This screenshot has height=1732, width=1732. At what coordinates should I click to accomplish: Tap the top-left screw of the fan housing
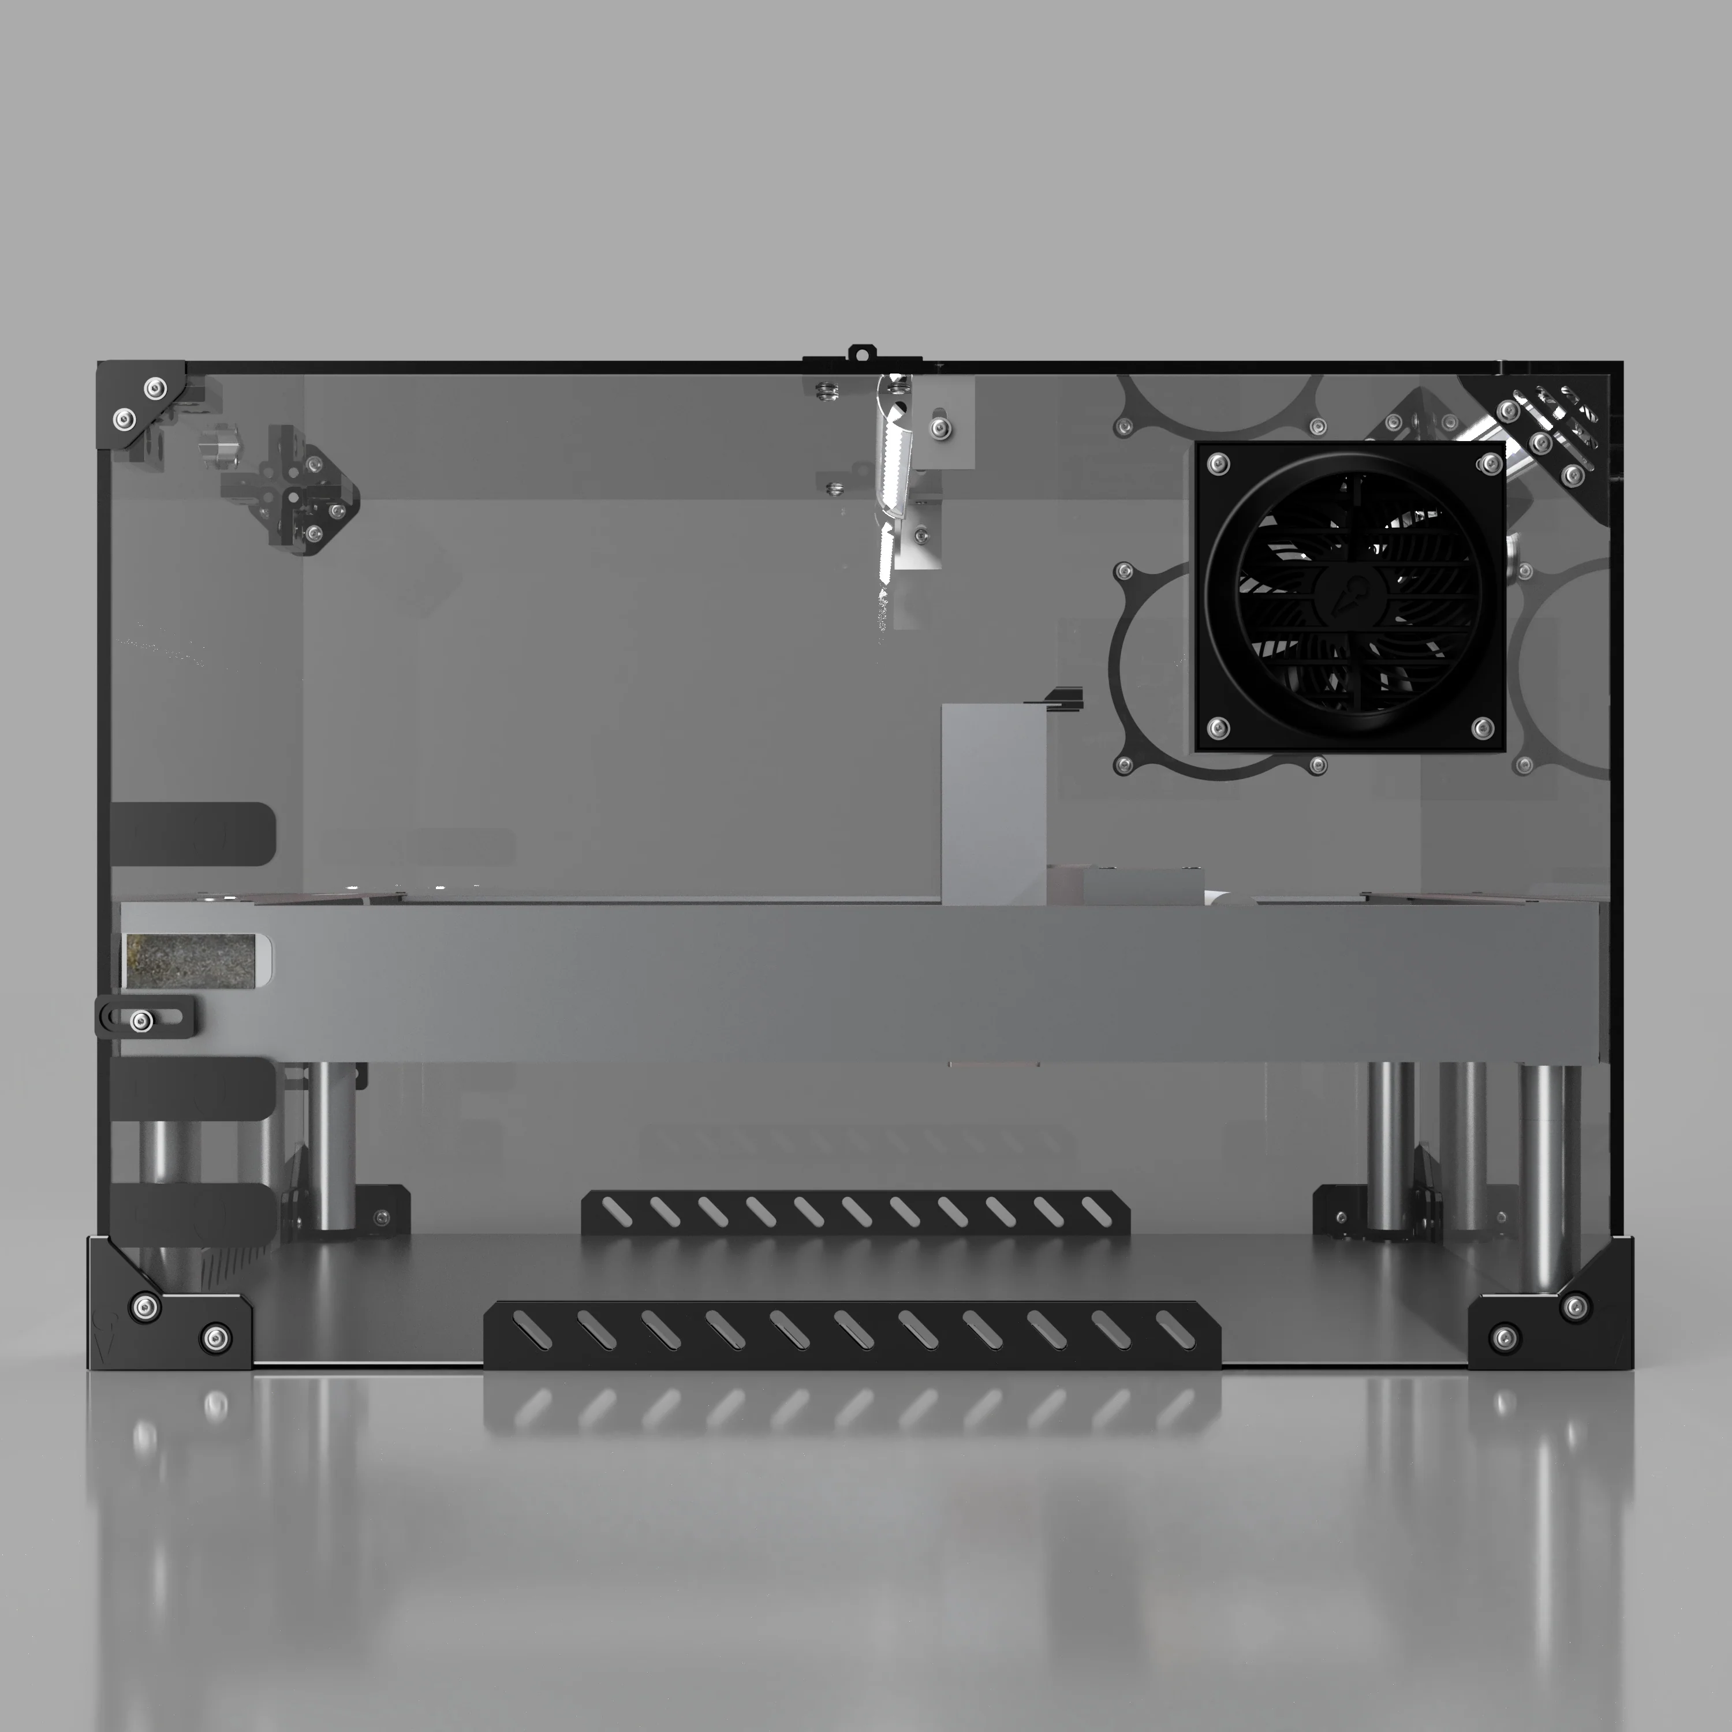click(x=1218, y=464)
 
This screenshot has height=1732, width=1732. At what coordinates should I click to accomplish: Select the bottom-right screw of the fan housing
click(x=1483, y=726)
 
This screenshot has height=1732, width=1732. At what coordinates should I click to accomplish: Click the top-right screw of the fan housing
click(x=1490, y=464)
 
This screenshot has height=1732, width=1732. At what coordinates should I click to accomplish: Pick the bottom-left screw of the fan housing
click(x=1218, y=728)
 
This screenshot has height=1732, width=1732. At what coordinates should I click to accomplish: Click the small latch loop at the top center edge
click(x=861, y=353)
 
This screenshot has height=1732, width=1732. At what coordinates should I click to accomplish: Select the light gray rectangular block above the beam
click(x=992, y=803)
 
